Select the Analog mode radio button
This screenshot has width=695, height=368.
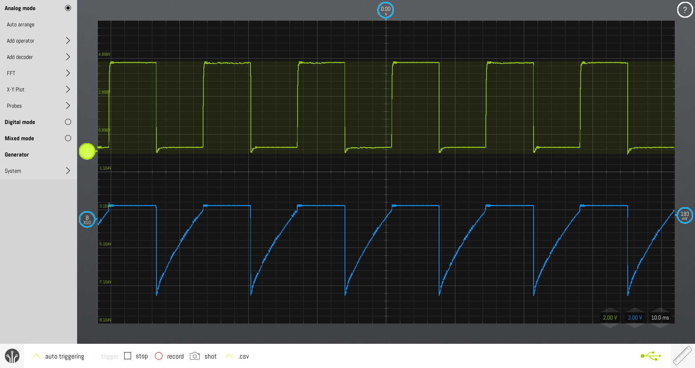68,8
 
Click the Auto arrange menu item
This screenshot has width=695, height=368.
21,25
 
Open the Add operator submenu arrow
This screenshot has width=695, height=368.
68,40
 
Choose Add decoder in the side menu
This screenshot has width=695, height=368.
20,57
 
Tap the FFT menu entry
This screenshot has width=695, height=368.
11,73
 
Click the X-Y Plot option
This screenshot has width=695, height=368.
16,90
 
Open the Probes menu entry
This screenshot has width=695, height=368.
14,106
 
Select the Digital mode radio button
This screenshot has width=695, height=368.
68,122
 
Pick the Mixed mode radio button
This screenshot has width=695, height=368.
68,138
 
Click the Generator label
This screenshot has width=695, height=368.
17,155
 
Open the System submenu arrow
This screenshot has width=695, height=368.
68,171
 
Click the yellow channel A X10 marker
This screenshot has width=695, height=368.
87,151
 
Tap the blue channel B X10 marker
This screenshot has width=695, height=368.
87,219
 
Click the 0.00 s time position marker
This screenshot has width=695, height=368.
386,10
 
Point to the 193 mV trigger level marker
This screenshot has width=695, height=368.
685,215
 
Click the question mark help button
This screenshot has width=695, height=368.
685,10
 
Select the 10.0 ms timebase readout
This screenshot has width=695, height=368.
660,318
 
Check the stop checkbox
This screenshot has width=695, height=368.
127,356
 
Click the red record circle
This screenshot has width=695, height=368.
159,356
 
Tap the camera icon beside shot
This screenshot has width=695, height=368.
195,356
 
